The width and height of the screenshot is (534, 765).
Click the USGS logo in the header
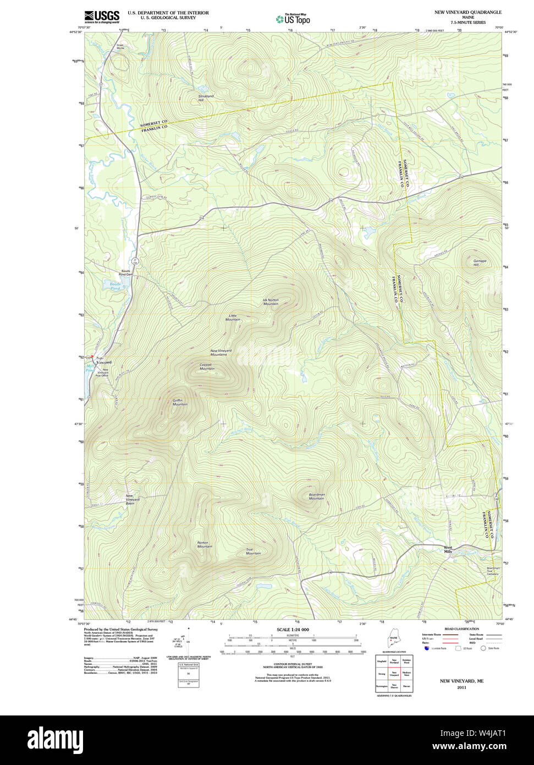(102, 17)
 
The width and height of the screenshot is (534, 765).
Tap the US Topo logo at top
(293, 19)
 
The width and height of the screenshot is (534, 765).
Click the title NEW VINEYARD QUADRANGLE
(468, 12)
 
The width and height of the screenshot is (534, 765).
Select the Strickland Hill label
(206, 98)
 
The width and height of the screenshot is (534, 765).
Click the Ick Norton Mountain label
(271, 302)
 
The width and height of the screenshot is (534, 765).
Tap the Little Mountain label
(233, 318)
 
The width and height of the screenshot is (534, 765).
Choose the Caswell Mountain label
(207, 367)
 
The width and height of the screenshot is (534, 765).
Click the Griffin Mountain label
(180, 402)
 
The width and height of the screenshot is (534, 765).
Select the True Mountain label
(253, 551)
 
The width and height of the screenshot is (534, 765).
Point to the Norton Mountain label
(205, 544)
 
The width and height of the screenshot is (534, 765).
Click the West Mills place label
(449, 549)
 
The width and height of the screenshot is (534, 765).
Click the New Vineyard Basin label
(133, 499)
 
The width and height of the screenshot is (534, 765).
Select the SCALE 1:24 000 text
(293, 630)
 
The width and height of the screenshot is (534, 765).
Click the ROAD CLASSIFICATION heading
(461, 629)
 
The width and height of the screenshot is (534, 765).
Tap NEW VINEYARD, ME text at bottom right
(461, 681)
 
